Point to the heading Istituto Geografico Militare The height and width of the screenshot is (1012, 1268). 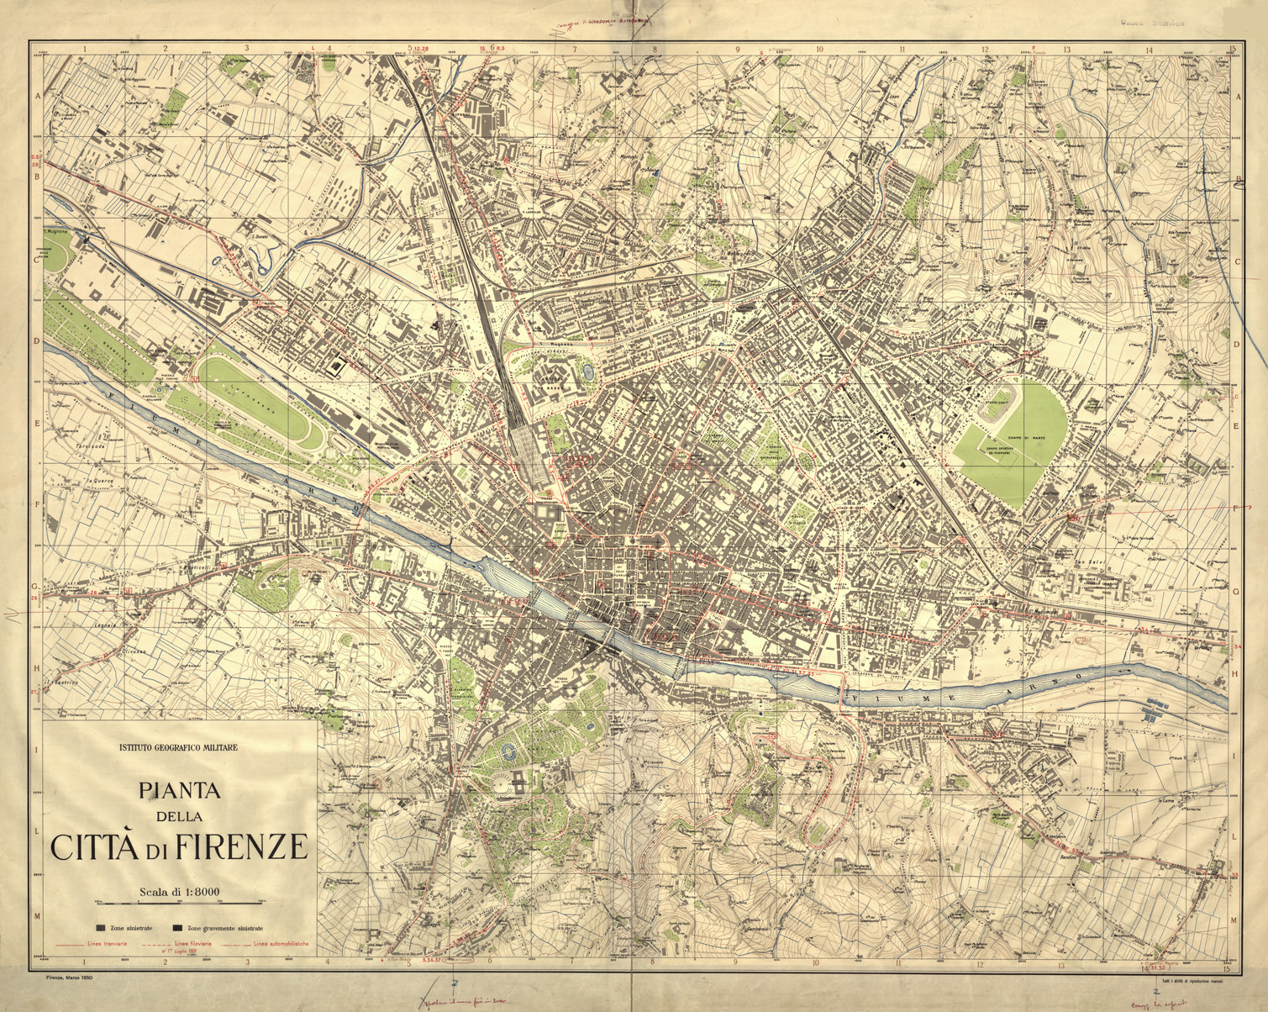(179, 746)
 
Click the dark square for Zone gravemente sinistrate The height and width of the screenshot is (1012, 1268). (176, 928)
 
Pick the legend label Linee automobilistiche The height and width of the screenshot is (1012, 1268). (279, 944)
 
